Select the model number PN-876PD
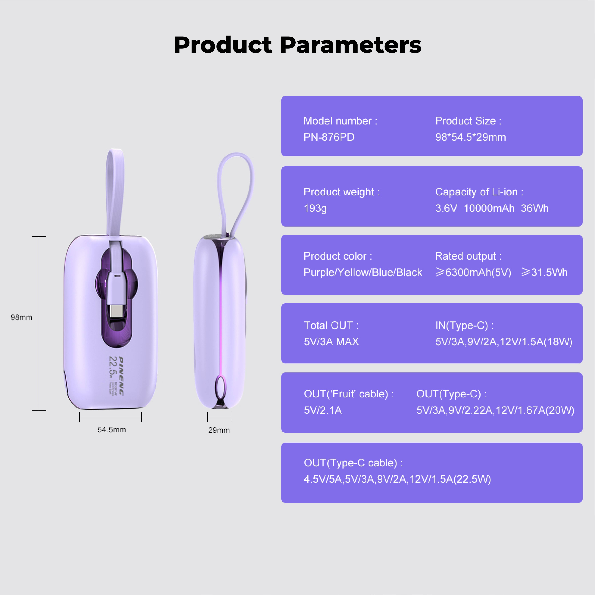coord(329,137)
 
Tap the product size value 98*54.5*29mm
coord(470,137)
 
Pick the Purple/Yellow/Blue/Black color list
coord(363,272)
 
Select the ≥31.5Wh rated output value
coord(544,272)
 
